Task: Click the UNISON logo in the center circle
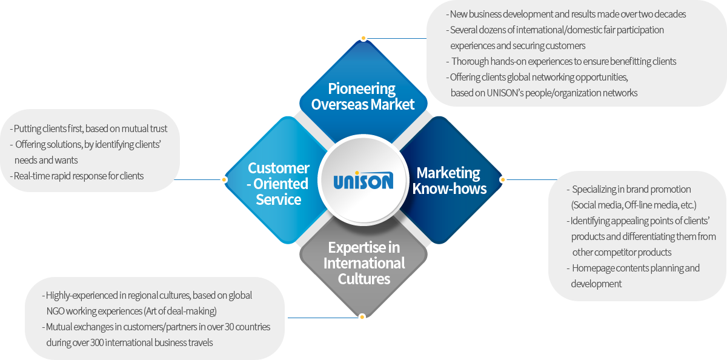(x=363, y=180)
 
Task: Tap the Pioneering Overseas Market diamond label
(x=362, y=96)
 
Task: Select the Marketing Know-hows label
(x=448, y=181)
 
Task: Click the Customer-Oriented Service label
(x=279, y=184)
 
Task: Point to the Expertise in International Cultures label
(x=364, y=263)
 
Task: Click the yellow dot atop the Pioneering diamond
(x=363, y=38)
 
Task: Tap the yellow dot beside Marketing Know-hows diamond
(x=502, y=179)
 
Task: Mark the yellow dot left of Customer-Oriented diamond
(x=224, y=179)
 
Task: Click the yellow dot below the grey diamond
(x=362, y=316)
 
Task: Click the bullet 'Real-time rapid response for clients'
(x=77, y=176)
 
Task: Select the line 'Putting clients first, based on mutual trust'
(x=89, y=128)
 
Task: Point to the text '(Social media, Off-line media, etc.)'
(x=634, y=205)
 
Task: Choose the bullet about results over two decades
(x=566, y=14)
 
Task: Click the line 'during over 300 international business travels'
(x=130, y=343)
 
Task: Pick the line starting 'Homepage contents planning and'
(x=636, y=268)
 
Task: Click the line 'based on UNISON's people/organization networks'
(x=544, y=93)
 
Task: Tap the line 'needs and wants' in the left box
(x=46, y=161)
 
